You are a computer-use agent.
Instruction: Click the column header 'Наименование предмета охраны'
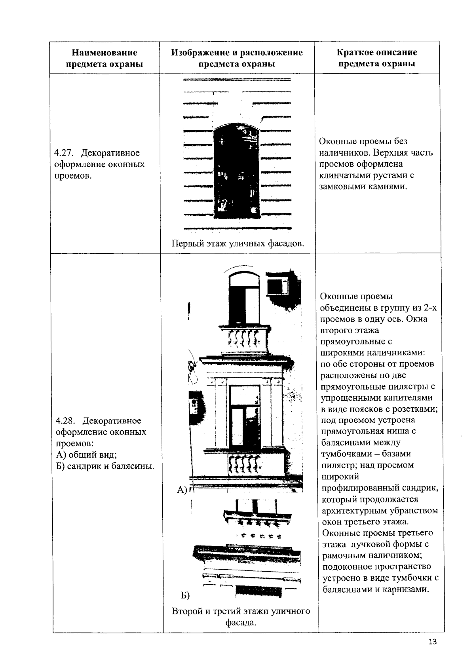point(104,58)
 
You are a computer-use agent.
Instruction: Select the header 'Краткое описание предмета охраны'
point(376,58)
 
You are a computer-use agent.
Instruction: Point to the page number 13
point(432,642)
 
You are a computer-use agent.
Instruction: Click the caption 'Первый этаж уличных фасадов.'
point(237,243)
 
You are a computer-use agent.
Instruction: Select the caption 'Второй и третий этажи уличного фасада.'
point(241,617)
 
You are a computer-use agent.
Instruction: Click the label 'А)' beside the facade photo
point(181,490)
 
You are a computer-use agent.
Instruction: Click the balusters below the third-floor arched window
point(243,338)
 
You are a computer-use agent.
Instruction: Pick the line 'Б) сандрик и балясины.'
point(105,466)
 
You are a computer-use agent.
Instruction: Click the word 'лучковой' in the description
point(367,544)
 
